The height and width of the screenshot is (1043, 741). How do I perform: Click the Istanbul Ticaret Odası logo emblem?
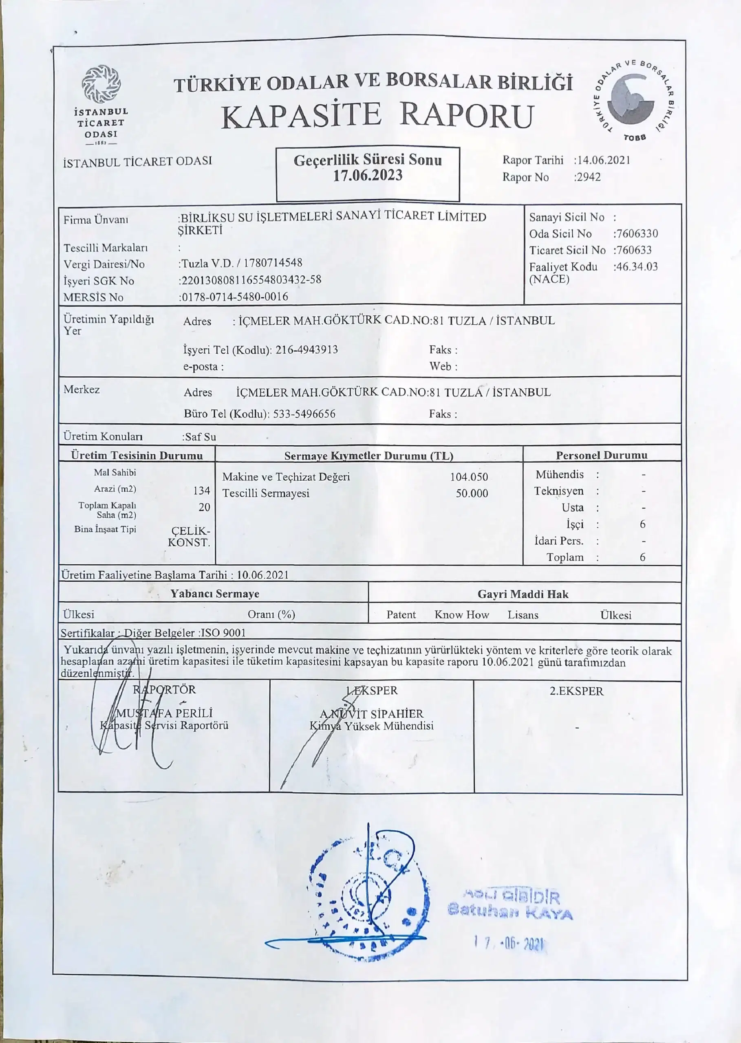pos(101,84)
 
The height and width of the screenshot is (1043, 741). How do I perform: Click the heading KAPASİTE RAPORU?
pos(377,115)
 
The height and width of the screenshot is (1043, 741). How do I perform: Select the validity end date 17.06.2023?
pos(368,176)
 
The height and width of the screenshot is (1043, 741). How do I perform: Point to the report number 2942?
pos(589,177)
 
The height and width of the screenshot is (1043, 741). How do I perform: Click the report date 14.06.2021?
pos(604,160)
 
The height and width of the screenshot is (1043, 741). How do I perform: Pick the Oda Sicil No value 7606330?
pos(637,233)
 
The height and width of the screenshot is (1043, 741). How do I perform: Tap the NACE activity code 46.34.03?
pos(637,267)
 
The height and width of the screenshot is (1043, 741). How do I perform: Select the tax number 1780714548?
pos(273,263)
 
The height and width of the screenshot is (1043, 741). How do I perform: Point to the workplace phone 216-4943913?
pos(307,350)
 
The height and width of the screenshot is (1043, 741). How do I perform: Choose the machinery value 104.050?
pos(469,477)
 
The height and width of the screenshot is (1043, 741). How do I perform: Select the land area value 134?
pos(201,491)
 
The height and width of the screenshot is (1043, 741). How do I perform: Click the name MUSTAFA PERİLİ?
pos(164,713)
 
